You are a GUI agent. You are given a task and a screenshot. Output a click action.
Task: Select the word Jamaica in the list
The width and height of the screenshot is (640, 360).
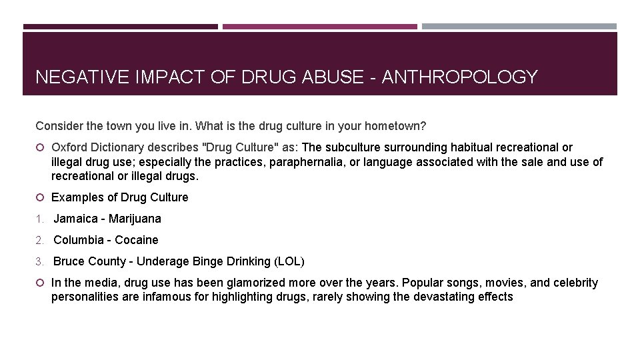pos(77,219)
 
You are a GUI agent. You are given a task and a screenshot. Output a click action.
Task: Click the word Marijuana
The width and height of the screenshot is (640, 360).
pos(135,219)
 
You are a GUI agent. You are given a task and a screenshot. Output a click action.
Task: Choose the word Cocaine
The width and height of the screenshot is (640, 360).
pos(137,240)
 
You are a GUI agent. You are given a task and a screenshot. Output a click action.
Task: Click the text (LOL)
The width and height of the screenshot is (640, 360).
pos(291,261)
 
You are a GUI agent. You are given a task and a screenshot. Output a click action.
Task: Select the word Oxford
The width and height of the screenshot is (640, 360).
pos(69,147)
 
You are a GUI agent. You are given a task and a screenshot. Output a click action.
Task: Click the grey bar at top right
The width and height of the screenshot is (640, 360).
pos(519,27)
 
